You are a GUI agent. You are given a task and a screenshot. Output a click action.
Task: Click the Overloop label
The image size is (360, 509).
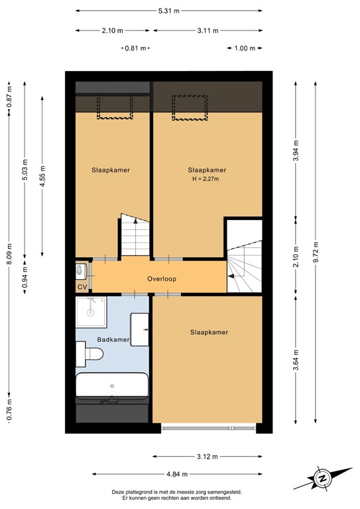[x=162, y=279]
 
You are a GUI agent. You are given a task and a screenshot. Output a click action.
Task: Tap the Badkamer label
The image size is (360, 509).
[x=112, y=340]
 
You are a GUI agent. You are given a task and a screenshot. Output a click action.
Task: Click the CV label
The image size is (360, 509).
[x=82, y=287]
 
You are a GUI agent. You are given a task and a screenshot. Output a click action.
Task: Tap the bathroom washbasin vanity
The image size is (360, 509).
[x=140, y=329]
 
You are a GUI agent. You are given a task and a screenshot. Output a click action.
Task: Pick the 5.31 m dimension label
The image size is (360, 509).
[x=169, y=11]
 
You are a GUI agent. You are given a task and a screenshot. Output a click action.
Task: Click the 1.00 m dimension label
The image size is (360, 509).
[x=245, y=48]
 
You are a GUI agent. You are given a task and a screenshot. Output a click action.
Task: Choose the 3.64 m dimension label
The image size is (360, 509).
[x=296, y=360]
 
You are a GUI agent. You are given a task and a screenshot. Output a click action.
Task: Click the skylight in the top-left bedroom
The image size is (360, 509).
[x=117, y=107]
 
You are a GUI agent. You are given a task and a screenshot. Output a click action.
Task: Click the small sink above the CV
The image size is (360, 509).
[x=81, y=271]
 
